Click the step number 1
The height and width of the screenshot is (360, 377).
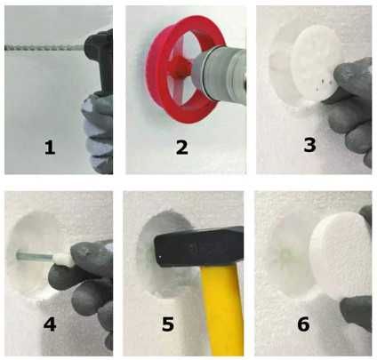(x=50, y=148)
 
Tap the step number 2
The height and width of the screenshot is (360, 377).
(x=181, y=148)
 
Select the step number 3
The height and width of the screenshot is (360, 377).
(x=309, y=145)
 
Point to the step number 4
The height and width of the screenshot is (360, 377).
(x=50, y=324)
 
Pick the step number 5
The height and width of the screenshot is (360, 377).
(x=168, y=324)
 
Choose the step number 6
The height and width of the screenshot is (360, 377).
(x=303, y=324)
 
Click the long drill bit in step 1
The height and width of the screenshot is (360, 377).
(x=44, y=47)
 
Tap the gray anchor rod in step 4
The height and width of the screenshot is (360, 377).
(x=35, y=255)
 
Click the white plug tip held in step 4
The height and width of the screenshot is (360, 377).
(x=63, y=260)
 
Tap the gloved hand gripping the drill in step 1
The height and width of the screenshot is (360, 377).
(x=98, y=133)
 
